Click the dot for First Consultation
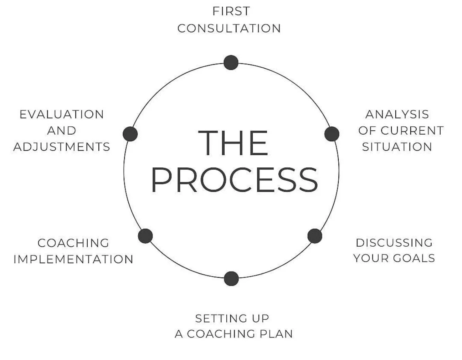231,62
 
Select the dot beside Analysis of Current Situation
332,134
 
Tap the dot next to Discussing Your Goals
315,236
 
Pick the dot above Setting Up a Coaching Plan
231,278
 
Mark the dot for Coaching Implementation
145,236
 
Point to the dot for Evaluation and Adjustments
130,134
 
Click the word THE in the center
233,142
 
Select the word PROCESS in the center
235,180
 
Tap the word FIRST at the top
231,11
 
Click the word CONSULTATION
229,28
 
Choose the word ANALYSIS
397,114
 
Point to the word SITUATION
397,147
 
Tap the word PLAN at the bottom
275,334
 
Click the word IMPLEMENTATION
73,259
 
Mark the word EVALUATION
62,114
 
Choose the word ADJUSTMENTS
62,147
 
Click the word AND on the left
62,131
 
